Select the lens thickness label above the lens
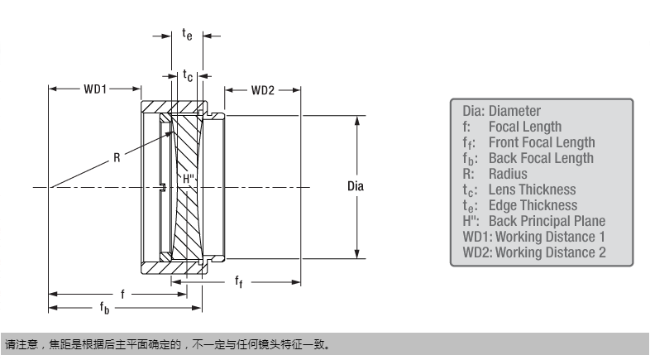[x=188, y=75]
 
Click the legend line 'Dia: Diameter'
[x=501, y=111]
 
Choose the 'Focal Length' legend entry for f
[x=524, y=127]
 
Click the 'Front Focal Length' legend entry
[x=541, y=142]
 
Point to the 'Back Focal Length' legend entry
[x=541, y=158]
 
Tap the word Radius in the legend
[x=508, y=174]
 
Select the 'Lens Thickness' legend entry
[x=530, y=190]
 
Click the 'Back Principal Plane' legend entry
[x=547, y=221]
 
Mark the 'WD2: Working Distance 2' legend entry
[x=533, y=252]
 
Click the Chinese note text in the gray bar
[x=170, y=343]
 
